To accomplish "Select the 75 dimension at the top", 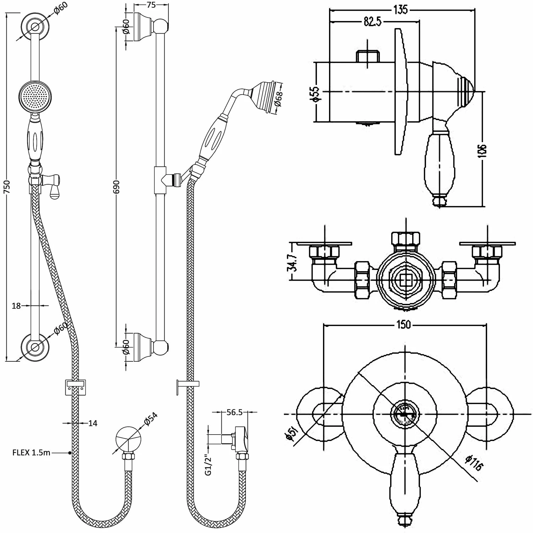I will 151,5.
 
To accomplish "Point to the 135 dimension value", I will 400,10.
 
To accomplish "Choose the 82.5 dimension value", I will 372,22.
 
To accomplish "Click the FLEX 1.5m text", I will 31,453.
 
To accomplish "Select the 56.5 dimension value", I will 235,412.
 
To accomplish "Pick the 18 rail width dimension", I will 16,305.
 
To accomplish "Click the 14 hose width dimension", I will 93,423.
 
